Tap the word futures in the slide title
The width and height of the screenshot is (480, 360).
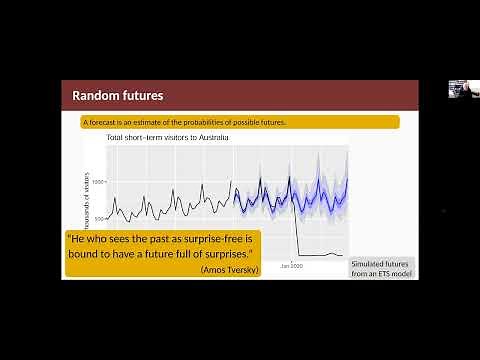click(141, 96)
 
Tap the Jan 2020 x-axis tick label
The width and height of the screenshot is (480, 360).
click(292, 266)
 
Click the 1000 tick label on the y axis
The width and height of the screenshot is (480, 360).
click(98, 182)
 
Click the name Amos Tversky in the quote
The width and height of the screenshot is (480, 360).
click(230, 270)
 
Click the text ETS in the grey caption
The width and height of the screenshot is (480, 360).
click(382, 273)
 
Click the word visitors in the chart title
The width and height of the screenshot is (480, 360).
click(169, 137)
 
